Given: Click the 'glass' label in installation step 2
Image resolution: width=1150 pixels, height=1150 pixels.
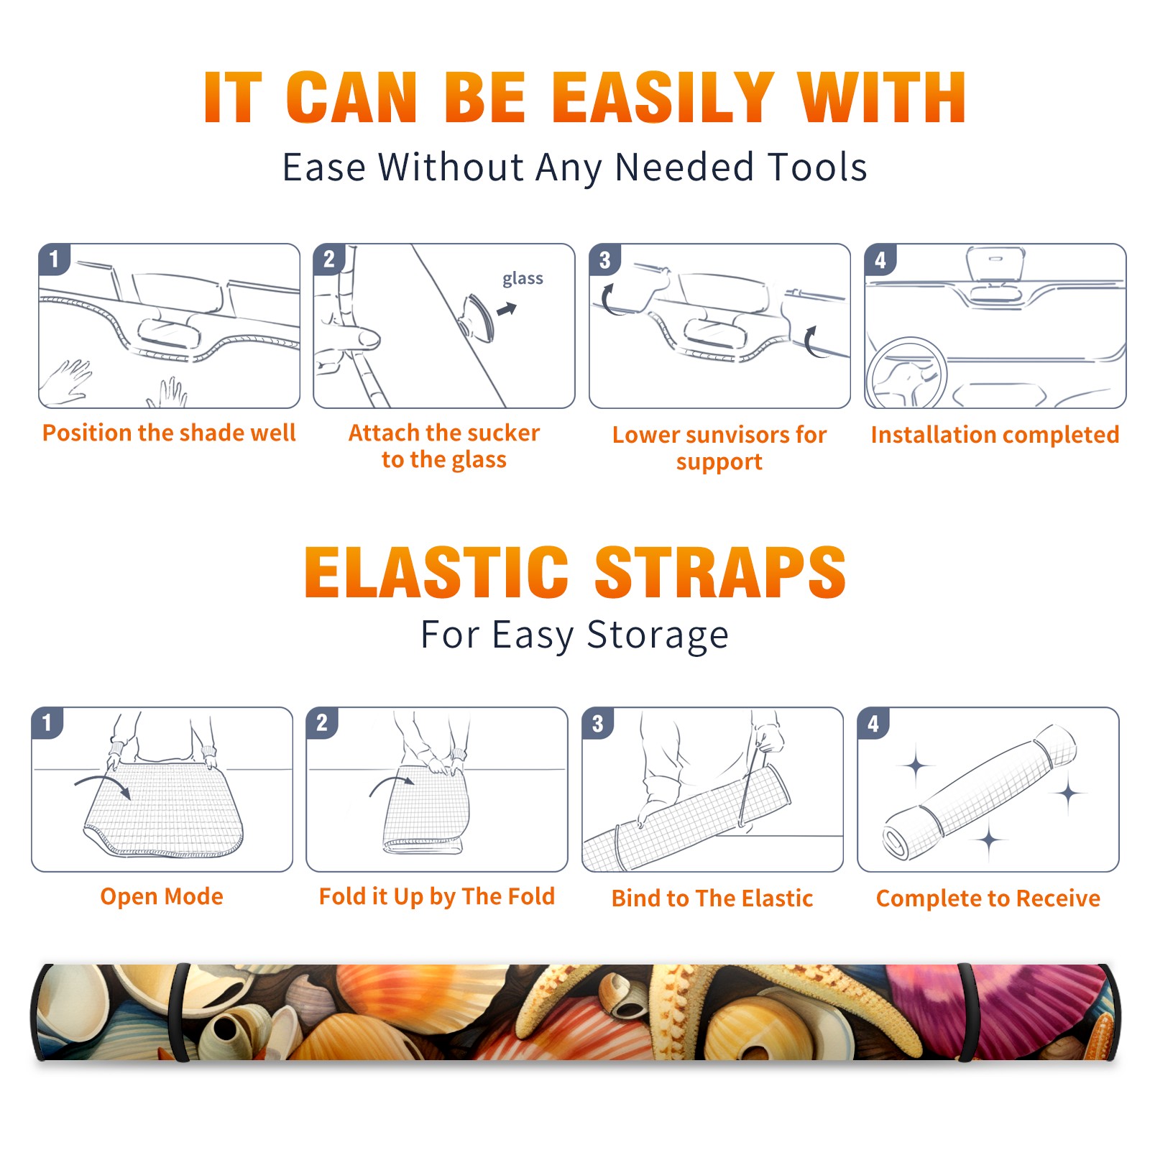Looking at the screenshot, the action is coord(523,279).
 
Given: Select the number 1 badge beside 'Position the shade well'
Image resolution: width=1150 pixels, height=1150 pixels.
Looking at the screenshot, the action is coord(54,258).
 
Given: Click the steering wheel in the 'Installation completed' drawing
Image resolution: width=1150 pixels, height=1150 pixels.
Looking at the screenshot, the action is coord(907,374).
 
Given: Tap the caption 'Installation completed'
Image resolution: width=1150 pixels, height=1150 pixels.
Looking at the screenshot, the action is coord(995,434).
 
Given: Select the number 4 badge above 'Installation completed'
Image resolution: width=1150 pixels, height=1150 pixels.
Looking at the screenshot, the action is coord(880,259).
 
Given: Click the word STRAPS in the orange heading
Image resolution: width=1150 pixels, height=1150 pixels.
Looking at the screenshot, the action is coord(720,572).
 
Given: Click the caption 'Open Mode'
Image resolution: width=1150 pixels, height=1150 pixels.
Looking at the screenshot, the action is coord(162,896).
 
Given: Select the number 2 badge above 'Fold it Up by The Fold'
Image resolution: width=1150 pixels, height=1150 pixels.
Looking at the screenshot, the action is coord(322,722).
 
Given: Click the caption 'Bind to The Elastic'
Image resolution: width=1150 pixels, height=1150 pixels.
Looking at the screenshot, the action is coord(712,898).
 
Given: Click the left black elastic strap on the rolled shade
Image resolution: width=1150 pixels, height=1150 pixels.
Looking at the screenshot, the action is coord(180,1013).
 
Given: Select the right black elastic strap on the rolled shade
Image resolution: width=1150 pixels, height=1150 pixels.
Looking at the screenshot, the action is coord(967,1013).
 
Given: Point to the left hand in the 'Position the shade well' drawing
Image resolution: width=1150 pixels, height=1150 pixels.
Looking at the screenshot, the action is coord(68,382).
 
